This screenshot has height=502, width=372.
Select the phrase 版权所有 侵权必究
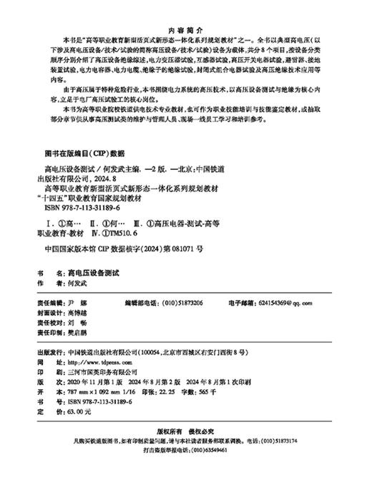tap(186, 451)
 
